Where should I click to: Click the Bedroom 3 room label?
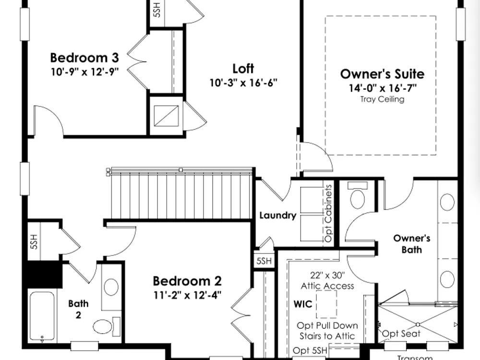pyautogui.click(x=84, y=58)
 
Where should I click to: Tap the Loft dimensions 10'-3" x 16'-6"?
pyautogui.click(x=243, y=83)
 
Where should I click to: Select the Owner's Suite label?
pyautogui.click(x=383, y=74)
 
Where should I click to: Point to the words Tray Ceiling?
pyautogui.click(x=383, y=99)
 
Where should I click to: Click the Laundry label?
pyautogui.click(x=278, y=216)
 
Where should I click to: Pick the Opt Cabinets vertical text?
pyautogui.click(x=328, y=213)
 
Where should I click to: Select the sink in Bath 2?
pyautogui.click(x=111, y=287)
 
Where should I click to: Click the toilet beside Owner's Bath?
pyautogui.click(x=357, y=196)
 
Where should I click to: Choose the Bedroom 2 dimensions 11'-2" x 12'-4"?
pyautogui.click(x=187, y=295)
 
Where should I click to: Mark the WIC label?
pyautogui.click(x=303, y=304)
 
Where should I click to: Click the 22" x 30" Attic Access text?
pyautogui.click(x=327, y=281)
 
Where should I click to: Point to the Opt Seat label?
pyautogui.click(x=401, y=334)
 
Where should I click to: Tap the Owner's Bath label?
pyautogui.click(x=412, y=244)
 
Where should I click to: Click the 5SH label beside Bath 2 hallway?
pyautogui.click(x=34, y=241)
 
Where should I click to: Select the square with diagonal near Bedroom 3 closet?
pyautogui.click(x=166, y=116)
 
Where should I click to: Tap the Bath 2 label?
pyautogui.click(x=78, y=309)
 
